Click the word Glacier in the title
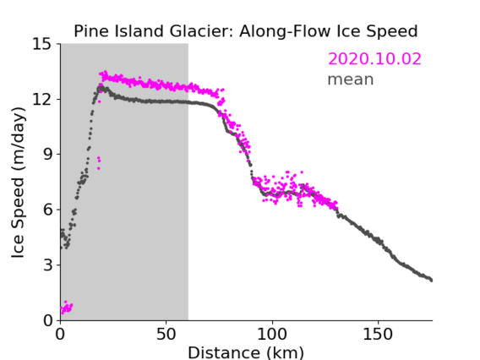201,31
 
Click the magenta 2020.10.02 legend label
374,59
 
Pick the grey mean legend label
351,79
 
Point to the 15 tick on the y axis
42,44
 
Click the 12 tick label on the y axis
42,99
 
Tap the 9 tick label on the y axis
47,155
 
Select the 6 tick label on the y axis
47,210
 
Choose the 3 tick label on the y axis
47,265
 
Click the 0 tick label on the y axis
47,320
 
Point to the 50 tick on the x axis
166,335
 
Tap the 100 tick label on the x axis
272,335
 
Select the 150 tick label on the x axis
378,335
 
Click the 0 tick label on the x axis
60,335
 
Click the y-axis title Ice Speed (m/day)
18,183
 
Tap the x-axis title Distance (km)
246,352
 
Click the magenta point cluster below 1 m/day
67,308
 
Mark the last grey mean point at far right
431,281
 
